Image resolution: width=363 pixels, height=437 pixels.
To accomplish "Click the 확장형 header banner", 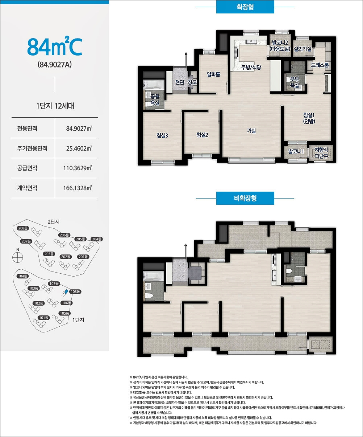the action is click(245, 7).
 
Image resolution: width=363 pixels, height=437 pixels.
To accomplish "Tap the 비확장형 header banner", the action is click(245, 198).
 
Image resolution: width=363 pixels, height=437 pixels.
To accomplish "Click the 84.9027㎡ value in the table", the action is click(79, 128).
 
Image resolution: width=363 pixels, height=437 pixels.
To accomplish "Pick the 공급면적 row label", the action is click(27, 168).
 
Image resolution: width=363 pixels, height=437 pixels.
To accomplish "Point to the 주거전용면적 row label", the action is click(32, 148).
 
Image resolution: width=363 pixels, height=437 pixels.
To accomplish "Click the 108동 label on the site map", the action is click(75, 291).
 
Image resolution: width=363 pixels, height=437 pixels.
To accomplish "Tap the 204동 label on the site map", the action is click(97, 239).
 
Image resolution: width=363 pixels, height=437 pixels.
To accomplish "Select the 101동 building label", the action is click(44, 318).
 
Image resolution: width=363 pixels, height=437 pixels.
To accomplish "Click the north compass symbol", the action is click(17, 257).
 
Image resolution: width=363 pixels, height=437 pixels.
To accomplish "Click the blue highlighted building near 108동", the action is click(66, 291).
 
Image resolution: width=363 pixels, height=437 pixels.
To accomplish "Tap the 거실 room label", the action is click(251, 131).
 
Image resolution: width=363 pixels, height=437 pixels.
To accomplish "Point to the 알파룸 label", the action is click(213, 74).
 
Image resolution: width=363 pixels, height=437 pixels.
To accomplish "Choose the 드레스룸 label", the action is click(320, 65).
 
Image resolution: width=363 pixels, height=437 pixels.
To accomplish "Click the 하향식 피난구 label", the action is click(321, 153).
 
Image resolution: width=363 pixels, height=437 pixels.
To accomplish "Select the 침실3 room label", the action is click(162, 136).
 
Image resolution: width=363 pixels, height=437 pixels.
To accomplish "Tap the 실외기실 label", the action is click(302, 49).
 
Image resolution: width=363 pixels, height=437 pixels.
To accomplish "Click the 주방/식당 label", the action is click(251, 67).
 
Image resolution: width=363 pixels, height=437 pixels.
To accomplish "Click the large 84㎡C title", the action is click(55, 46).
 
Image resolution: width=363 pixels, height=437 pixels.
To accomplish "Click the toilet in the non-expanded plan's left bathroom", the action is click(149, 295).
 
